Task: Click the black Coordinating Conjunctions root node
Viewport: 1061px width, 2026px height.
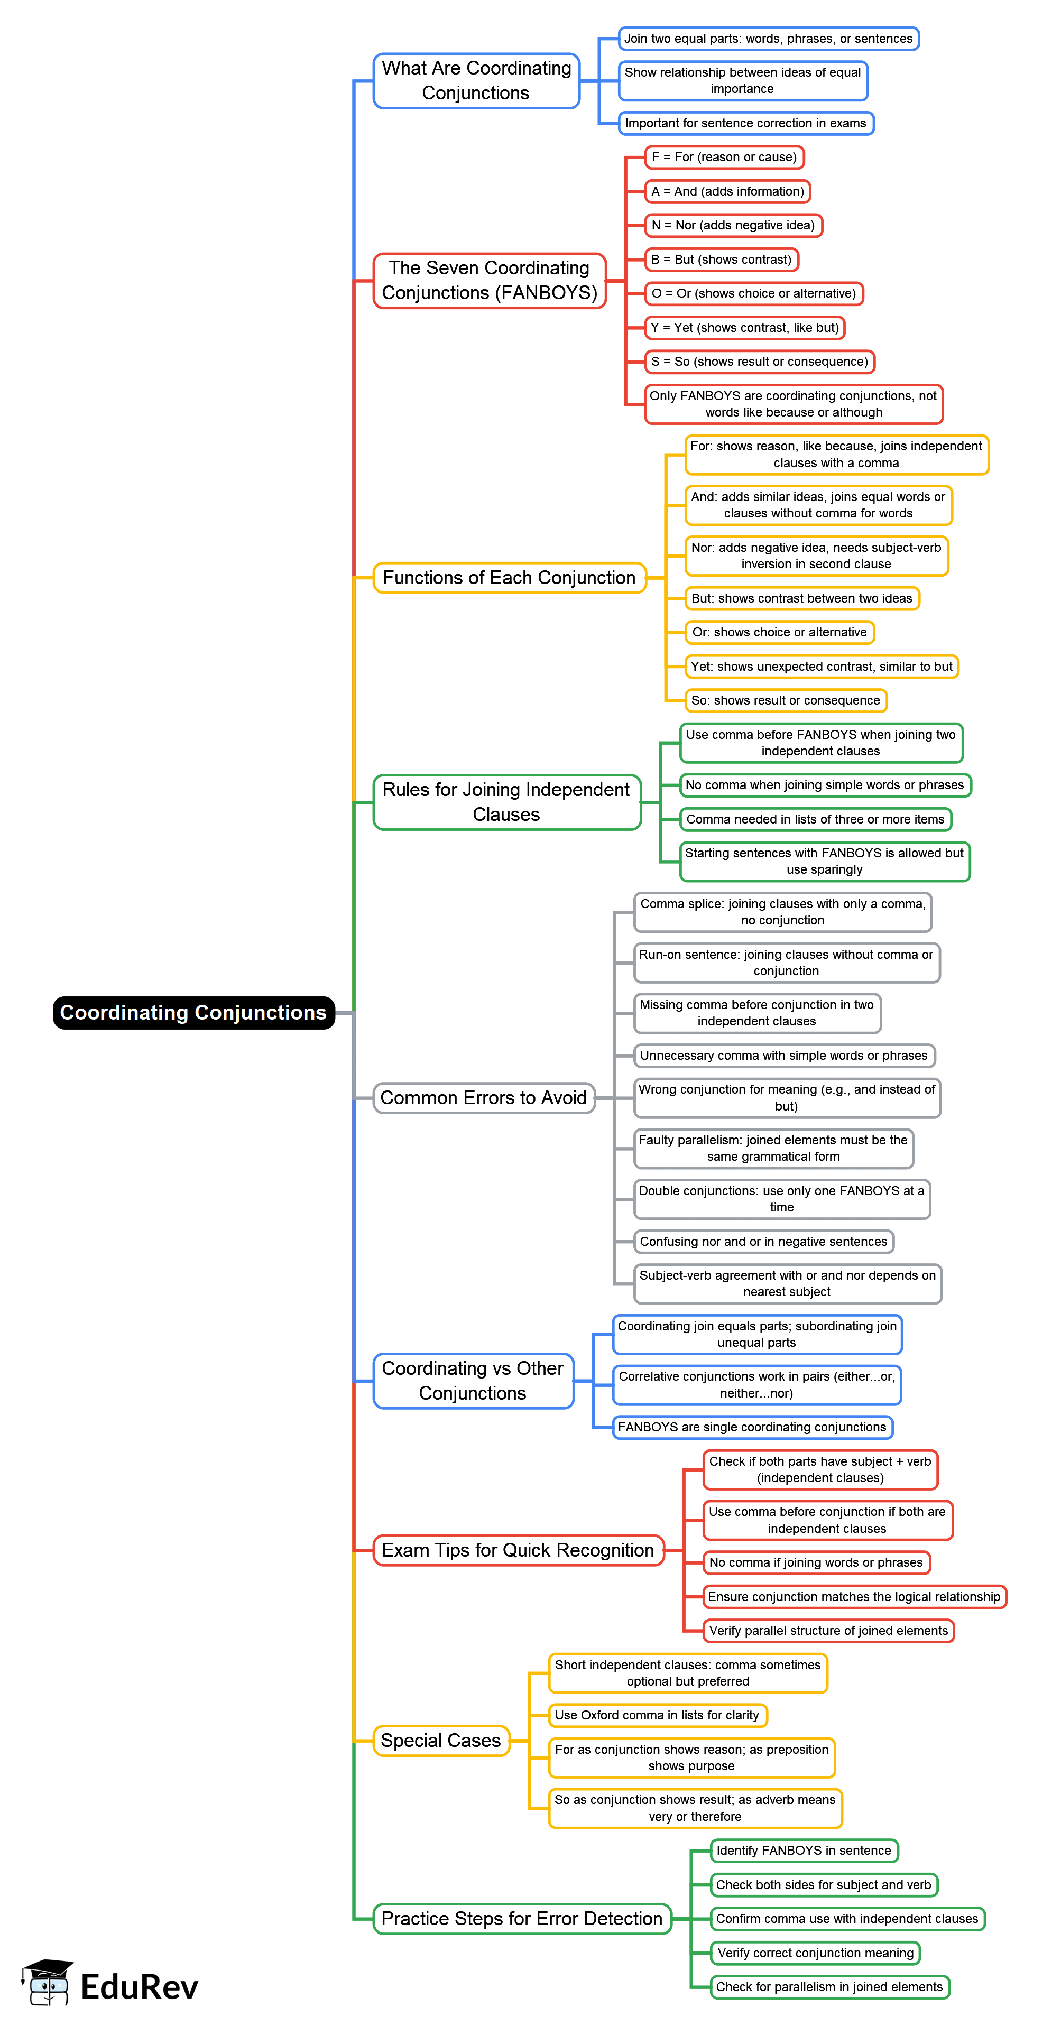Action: point(193,1012)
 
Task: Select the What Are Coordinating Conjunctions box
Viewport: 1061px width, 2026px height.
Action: point(476,80)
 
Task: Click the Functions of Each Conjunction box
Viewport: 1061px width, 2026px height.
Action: point(509,577)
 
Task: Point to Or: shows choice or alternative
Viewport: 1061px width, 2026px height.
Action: point(779,632)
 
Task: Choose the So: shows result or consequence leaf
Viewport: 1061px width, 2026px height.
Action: point(785,700)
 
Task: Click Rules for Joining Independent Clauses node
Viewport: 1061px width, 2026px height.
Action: point(506,801)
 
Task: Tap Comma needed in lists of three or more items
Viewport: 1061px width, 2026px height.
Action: point(815,819)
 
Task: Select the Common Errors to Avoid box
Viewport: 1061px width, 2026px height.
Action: point(483,1097)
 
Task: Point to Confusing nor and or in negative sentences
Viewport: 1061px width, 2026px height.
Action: point(763,1241)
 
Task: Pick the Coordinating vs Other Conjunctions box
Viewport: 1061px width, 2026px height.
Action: point(473,1380)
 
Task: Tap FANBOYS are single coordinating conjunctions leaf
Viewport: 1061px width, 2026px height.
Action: point(752,1427)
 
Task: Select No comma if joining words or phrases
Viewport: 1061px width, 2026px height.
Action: point(816,1562)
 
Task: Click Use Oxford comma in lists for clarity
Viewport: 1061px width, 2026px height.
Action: point(657,1715)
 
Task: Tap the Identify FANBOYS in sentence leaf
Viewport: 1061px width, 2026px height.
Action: point(803,1850)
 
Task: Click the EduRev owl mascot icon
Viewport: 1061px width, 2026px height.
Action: point(47,1983)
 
